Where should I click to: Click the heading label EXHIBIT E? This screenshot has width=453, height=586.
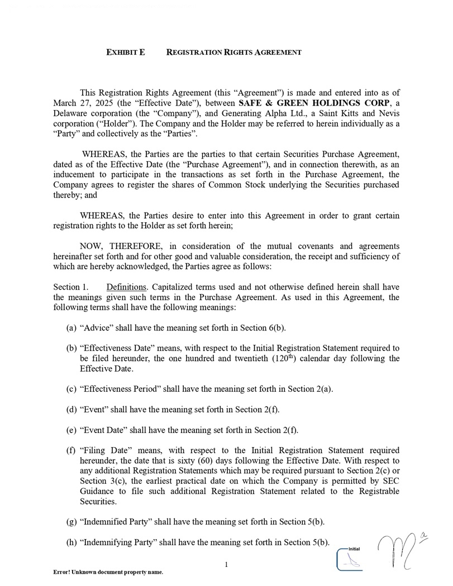point(126,52)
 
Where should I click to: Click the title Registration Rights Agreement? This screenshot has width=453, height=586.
point(234,52)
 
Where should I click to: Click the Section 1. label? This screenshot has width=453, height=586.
point(70,287)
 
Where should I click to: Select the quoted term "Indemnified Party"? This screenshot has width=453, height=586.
point(116,522)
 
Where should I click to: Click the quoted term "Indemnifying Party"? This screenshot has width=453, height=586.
point(119,542)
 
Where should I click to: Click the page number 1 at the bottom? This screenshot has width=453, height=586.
point(226,565)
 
